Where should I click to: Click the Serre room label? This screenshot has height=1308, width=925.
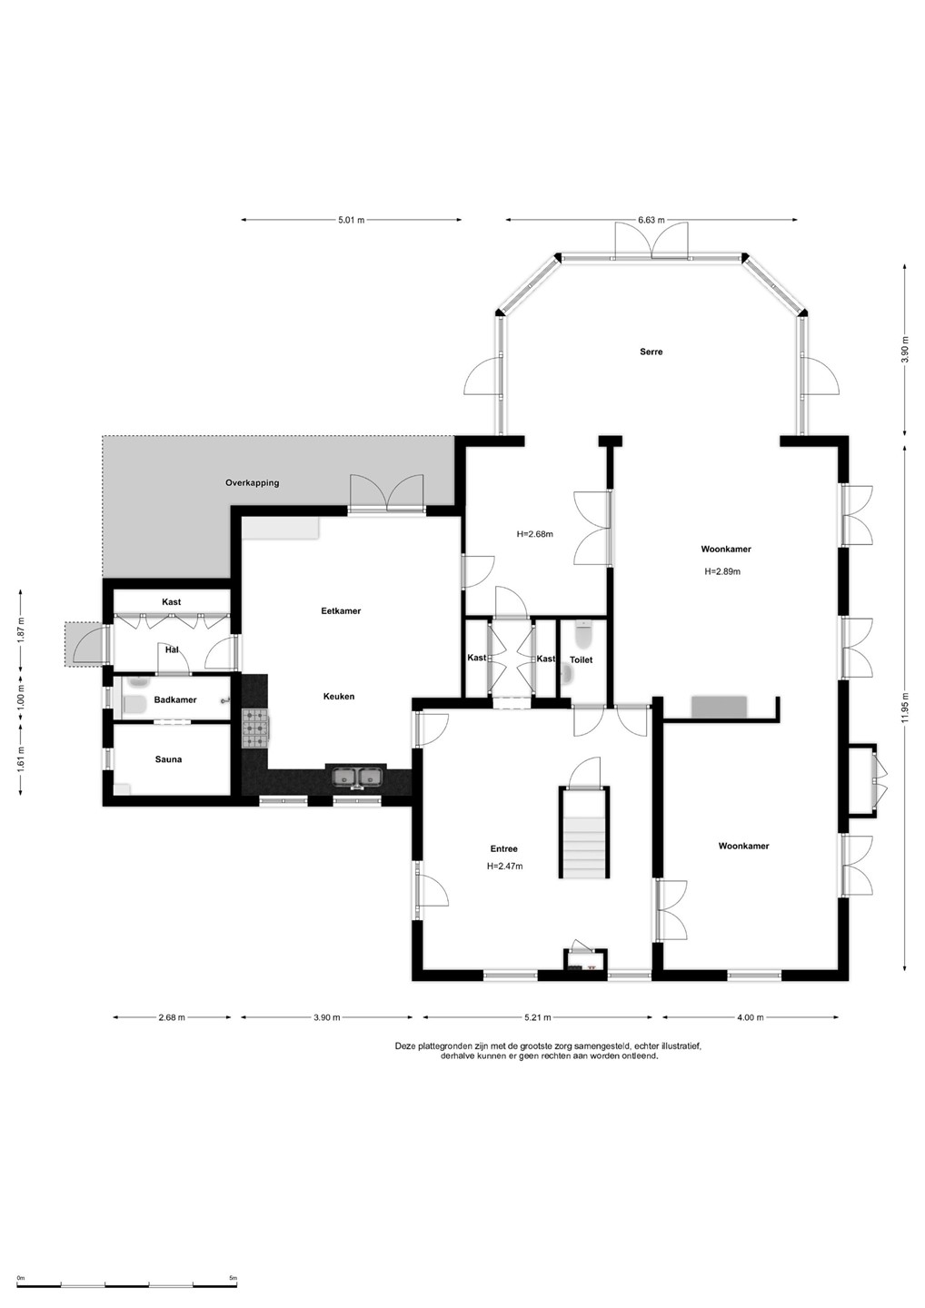tap(651, 352)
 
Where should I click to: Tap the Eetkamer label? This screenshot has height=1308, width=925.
tap(341, 610)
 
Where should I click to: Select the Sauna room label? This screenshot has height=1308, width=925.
tap(168, 759)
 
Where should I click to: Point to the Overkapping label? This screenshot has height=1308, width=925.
tap(253, 483)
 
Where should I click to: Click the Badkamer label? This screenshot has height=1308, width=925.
tap(175, 699)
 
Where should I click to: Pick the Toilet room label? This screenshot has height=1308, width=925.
tap(581, 659)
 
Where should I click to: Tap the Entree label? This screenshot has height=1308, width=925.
tap(504, 848)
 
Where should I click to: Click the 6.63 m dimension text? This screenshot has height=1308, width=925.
tap(651, 220)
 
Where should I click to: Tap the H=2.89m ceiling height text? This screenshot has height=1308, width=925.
tap(722, 571)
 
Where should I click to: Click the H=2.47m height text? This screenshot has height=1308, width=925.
tap(504, 866)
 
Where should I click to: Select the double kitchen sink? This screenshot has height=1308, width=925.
tap(357, 777)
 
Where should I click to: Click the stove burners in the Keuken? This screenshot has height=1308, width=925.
tap(255, 728)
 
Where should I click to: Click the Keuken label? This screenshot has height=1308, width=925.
tap(339, 696)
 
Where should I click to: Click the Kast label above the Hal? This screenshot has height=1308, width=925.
tap(171, 601)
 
